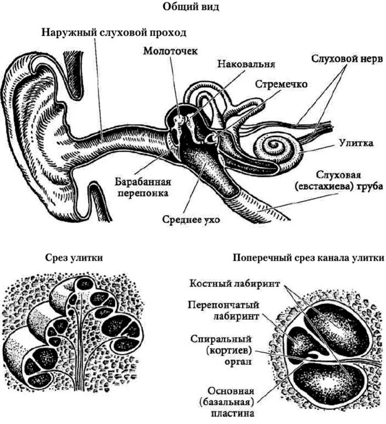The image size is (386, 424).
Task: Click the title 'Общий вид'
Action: [x=193, y=8]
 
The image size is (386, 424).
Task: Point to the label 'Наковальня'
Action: [x=246, y=63]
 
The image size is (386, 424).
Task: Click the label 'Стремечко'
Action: [x=281, y=84]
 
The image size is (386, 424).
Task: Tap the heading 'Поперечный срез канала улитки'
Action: [x=308, y=258]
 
